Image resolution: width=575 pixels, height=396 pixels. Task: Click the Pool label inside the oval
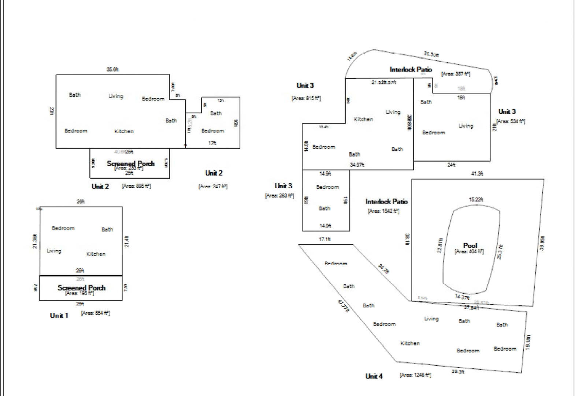tap(470, 245)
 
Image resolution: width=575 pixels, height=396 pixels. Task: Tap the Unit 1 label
tap(59, 315)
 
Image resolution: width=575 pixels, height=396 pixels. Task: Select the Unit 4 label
tap(374, 376)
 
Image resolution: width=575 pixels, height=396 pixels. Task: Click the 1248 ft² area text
tap(415, 375)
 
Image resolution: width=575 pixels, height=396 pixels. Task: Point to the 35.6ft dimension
tap(112, 69)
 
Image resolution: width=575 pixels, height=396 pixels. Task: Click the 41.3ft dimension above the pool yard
tap(477, 174)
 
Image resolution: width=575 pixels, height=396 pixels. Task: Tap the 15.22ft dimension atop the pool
tap(476, 199)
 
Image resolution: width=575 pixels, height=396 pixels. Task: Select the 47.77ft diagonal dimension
tap(343, 305)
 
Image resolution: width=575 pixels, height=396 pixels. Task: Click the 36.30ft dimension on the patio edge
tap(431, 54)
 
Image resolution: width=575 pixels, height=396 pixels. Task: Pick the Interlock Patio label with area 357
tap(411, 69)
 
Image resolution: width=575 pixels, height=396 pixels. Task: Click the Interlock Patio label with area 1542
tap(386, 201)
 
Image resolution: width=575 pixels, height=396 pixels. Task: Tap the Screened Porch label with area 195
tap(81, 288)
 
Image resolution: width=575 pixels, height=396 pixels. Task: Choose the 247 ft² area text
tap(213, 186)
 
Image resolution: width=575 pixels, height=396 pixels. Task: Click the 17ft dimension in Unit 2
tap(212, 143)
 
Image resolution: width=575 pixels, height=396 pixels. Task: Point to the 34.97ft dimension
tap(357, 165)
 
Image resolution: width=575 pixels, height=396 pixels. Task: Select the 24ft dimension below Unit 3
tap(451, 165)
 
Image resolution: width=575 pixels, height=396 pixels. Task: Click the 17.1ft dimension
tap(324, 239)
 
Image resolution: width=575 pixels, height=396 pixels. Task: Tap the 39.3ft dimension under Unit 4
tap(458, 371)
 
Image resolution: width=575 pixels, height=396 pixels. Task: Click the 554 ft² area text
tap(95, 313)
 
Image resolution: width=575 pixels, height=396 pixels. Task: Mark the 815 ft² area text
tap(306, 98)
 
